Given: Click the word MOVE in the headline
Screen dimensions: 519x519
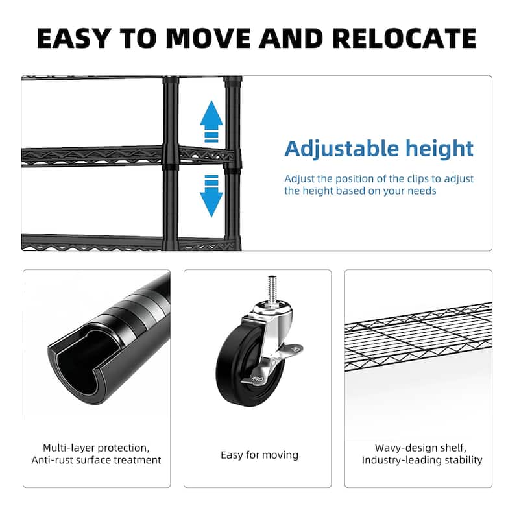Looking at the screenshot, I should tap(210, 38).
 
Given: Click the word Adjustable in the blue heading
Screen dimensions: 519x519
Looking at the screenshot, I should tap(340, 149).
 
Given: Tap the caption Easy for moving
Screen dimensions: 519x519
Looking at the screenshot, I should tap(259, 455).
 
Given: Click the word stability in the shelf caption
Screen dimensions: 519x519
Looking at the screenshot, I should tap(463, 460).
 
